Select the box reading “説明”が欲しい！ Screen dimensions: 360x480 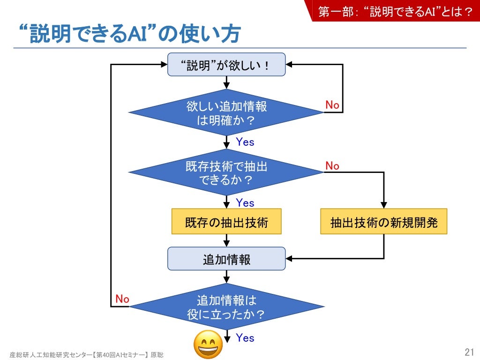click(x=226, y=65)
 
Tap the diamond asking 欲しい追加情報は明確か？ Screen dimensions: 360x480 click(x=226, y=112)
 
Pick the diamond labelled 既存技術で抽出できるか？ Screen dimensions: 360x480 click(x=226, y=172)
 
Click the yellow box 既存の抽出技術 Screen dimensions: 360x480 click(x=226, y=222)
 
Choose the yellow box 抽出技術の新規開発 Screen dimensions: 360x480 click(x=383, y=222)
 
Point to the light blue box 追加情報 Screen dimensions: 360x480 click(x=226, y=259)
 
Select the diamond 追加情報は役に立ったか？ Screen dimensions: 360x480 click(x=226, y=307)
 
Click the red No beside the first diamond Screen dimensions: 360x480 click(x=332, y=105)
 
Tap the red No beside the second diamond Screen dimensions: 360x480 click(x=332, y=166)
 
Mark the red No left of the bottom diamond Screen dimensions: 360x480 click(x=122, y=299)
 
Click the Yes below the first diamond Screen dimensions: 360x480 click(x=245, y=142)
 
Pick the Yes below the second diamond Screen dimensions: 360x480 click(x=245, y=203)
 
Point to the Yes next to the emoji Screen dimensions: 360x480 click(x=245, y=338)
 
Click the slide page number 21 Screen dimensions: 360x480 click(x=469, y=352)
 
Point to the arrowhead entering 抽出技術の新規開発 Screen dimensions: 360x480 click(x=383, y=205)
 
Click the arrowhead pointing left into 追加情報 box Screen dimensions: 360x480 click(x=289, y=259)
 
